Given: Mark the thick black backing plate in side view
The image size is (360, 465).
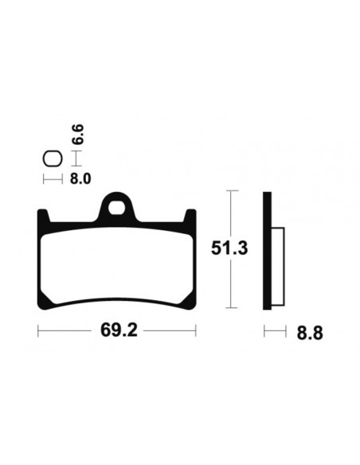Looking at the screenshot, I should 268,250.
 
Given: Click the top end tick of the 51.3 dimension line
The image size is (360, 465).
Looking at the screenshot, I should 230,191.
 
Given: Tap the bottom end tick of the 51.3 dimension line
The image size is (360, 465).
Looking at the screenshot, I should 230,307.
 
